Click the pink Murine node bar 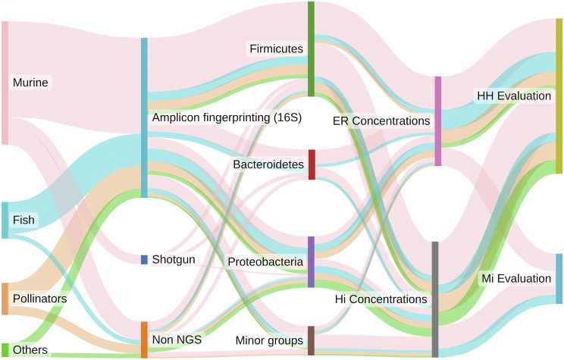pos(5,83)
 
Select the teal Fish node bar pos(5,220)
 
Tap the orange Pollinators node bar pos(5,299)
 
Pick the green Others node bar pos(5,349)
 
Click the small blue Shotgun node pos(144,259)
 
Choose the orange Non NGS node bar pos(144,340)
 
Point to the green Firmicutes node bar pos(311,49)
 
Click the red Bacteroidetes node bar pos(311,164)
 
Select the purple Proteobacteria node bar pos(311,261)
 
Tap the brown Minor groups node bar pos(311,340)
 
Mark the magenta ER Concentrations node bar pos(437,121)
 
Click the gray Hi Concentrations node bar pos(435,299)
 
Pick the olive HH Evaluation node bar pos(559,96)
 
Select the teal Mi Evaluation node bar pos(559,279)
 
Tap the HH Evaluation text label pos(512,96)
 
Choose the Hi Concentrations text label pos(381,300)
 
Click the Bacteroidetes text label pos(268,164)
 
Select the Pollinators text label pos(40,299)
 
